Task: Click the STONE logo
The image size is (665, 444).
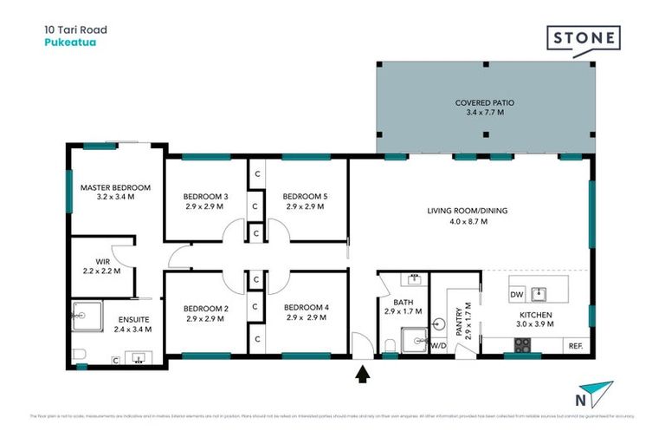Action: [x=583, y=39]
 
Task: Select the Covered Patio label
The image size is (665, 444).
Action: [x=485, y=108]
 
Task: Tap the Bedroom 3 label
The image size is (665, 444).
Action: [x=207, y=202]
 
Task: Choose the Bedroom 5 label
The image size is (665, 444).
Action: [x=305, y=202]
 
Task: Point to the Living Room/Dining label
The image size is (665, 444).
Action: [x=457, y=216]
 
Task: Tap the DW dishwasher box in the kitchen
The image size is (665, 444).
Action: [x=517, y=293]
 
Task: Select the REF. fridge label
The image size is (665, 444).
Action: [x=576, y=346]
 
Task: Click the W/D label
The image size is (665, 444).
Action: [x=438, y=346]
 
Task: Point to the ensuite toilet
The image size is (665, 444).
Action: [x=79, y=354]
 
